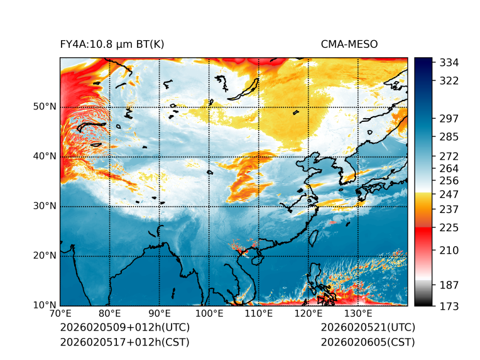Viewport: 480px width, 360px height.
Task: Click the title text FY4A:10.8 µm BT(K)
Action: click(112, 45)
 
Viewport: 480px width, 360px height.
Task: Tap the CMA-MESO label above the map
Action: click(349, 45)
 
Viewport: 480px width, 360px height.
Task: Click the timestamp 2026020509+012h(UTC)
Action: click(124, 328)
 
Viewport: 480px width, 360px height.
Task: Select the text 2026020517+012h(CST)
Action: click(124, 342)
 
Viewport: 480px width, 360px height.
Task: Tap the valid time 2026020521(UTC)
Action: click(368, 328)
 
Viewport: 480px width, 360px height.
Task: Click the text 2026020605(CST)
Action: click(368, 342)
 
